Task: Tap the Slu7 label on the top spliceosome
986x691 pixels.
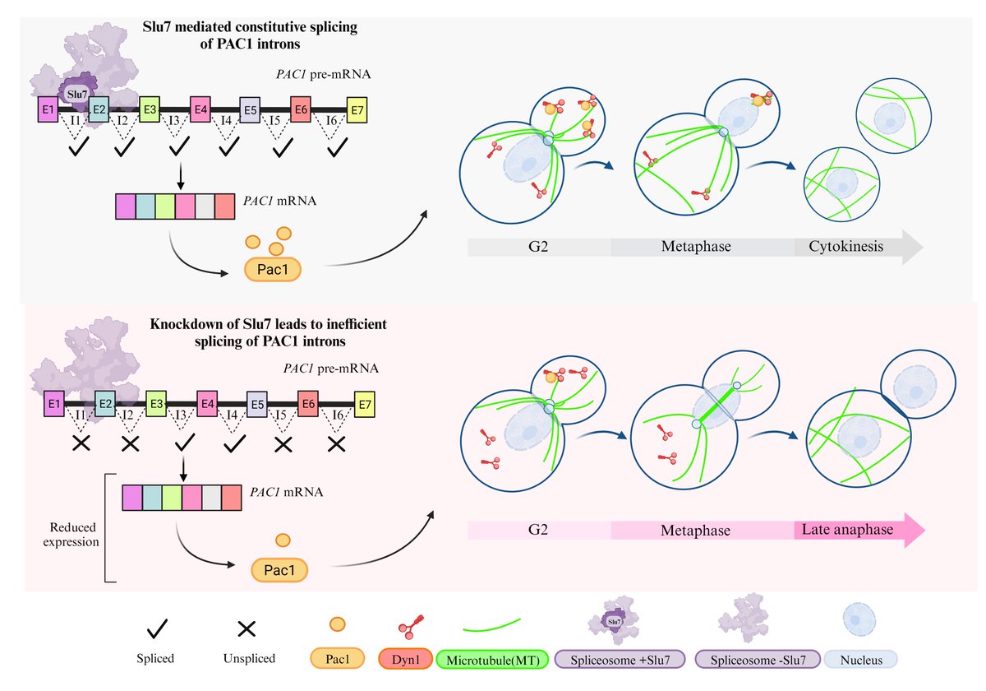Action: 75,95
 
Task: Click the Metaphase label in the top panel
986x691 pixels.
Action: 695,246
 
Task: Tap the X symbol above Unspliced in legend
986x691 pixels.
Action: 246,629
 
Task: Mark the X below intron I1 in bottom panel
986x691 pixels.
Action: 81,445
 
